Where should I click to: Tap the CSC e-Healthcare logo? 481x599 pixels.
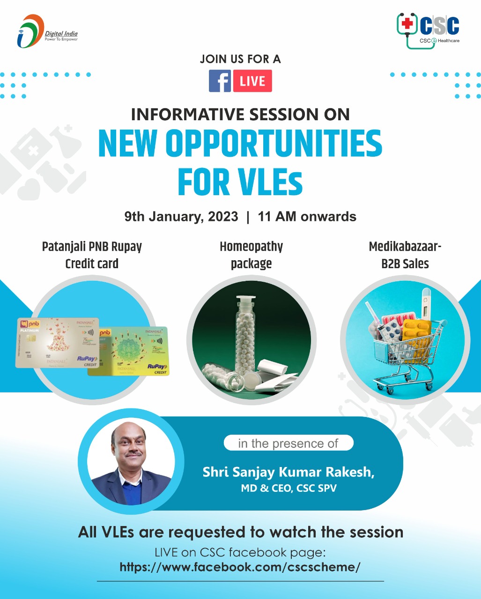428,29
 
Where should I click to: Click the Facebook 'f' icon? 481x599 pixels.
220,81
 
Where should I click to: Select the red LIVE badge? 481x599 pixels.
252,81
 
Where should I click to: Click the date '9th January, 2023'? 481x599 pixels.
181,217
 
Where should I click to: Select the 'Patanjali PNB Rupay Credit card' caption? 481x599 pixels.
92,255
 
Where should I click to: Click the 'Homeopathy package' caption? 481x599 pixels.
251,255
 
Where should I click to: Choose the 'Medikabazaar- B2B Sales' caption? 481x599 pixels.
405,255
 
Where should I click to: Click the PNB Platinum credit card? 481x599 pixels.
57,343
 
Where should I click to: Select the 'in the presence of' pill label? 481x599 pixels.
288,443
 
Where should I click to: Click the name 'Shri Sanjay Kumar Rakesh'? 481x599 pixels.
288,472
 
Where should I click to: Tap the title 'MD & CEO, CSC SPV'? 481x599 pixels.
288,489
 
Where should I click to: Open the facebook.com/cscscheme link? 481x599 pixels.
240,567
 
